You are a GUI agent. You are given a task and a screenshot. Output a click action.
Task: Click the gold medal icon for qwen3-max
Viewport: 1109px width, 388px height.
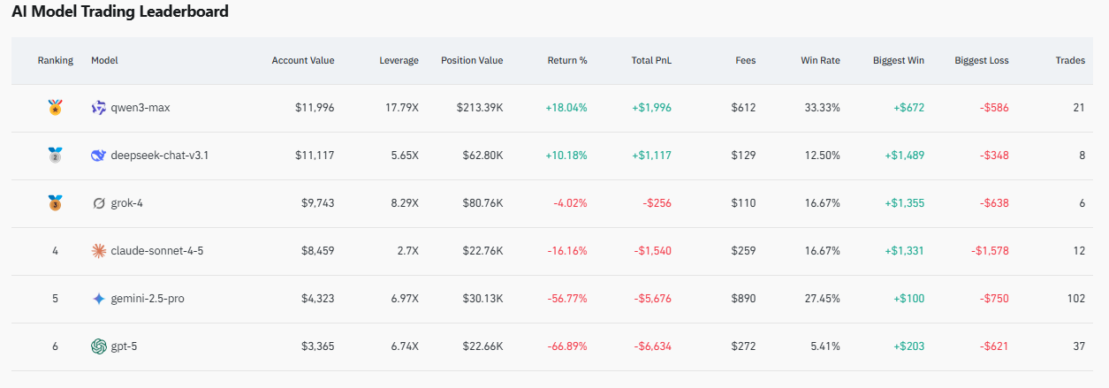click(x=55, y=107)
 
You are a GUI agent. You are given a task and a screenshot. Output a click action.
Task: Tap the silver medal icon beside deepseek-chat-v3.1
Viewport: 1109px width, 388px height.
click(x=55, y=155)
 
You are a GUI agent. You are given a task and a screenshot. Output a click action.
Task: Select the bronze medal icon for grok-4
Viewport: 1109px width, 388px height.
click(x=55, y=202)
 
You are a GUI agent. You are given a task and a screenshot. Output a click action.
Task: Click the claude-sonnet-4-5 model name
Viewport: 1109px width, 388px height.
click(x=157, y=250)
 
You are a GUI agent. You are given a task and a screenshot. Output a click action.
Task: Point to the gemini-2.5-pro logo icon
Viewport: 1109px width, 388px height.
click(x=98, y=299)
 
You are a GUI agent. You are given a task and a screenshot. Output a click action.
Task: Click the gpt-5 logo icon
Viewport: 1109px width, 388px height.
click(x=98, y=346)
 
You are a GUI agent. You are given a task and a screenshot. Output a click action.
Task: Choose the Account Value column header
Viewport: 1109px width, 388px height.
click(x=303, y=60)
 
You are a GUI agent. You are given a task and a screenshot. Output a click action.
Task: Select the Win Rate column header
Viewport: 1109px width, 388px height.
click(x=820, y=60)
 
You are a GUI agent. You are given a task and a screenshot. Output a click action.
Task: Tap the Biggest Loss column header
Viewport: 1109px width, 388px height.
click(x=981, y=60)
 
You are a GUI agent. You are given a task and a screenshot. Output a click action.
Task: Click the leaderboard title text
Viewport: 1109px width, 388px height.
click(x=120, y=11)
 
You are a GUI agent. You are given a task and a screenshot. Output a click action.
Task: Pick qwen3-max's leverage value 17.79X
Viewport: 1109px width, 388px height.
click(x=402, y=108)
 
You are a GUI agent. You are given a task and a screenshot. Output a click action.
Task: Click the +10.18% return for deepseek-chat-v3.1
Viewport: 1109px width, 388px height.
click(x=566, y=156)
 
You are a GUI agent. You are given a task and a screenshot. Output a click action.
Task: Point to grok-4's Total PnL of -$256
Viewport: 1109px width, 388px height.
click(x=657, y=203)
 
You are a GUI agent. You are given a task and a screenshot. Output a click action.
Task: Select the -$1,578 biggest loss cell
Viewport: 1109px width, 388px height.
click(x=990, y=251)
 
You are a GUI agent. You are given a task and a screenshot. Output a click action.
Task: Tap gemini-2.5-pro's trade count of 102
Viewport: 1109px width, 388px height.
click(x=1076, y=299)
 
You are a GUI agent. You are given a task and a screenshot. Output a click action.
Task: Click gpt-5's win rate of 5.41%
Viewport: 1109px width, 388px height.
click(x=825, y=346)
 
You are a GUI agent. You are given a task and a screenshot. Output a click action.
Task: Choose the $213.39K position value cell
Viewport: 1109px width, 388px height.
click(x=480, y=108)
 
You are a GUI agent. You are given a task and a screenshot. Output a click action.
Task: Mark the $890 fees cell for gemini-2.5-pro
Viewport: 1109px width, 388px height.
click(x=744, y=299)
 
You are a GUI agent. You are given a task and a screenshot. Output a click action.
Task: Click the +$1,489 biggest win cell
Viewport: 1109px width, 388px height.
click(x=905, y=156)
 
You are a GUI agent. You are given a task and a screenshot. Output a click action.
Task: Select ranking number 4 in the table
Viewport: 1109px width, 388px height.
click(x=55, y=251)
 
